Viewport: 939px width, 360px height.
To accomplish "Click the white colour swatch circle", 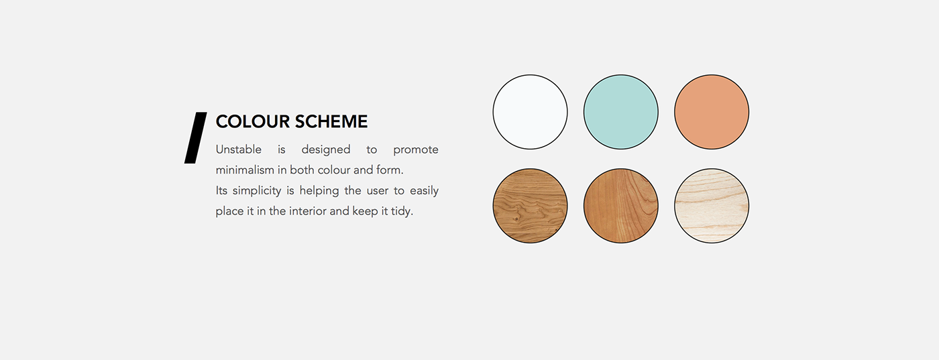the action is [530, 112].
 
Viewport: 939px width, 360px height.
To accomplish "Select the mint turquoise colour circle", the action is [621, 112].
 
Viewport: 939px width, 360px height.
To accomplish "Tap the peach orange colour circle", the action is [712, 112].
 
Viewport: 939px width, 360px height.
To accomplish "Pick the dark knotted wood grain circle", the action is [530, 206].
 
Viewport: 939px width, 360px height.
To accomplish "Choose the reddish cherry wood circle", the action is [621, 206].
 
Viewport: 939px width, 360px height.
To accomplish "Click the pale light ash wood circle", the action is [712, 206].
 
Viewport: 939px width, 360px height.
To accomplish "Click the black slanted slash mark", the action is [196, 137].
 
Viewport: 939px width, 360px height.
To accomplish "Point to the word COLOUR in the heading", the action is [253, 121].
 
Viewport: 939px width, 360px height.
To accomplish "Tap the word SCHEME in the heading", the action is [331, 121].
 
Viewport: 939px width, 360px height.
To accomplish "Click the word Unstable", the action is [239, 149].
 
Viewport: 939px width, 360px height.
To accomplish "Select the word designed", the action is [326, 150].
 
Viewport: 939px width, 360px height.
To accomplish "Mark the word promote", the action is [416, 150].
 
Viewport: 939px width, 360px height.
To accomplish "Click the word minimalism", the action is [245, 170].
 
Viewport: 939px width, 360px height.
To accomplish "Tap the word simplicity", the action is [257, 191].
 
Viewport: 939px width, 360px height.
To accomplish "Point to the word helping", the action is [319, 191].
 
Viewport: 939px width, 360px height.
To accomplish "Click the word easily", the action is [424, 191].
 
